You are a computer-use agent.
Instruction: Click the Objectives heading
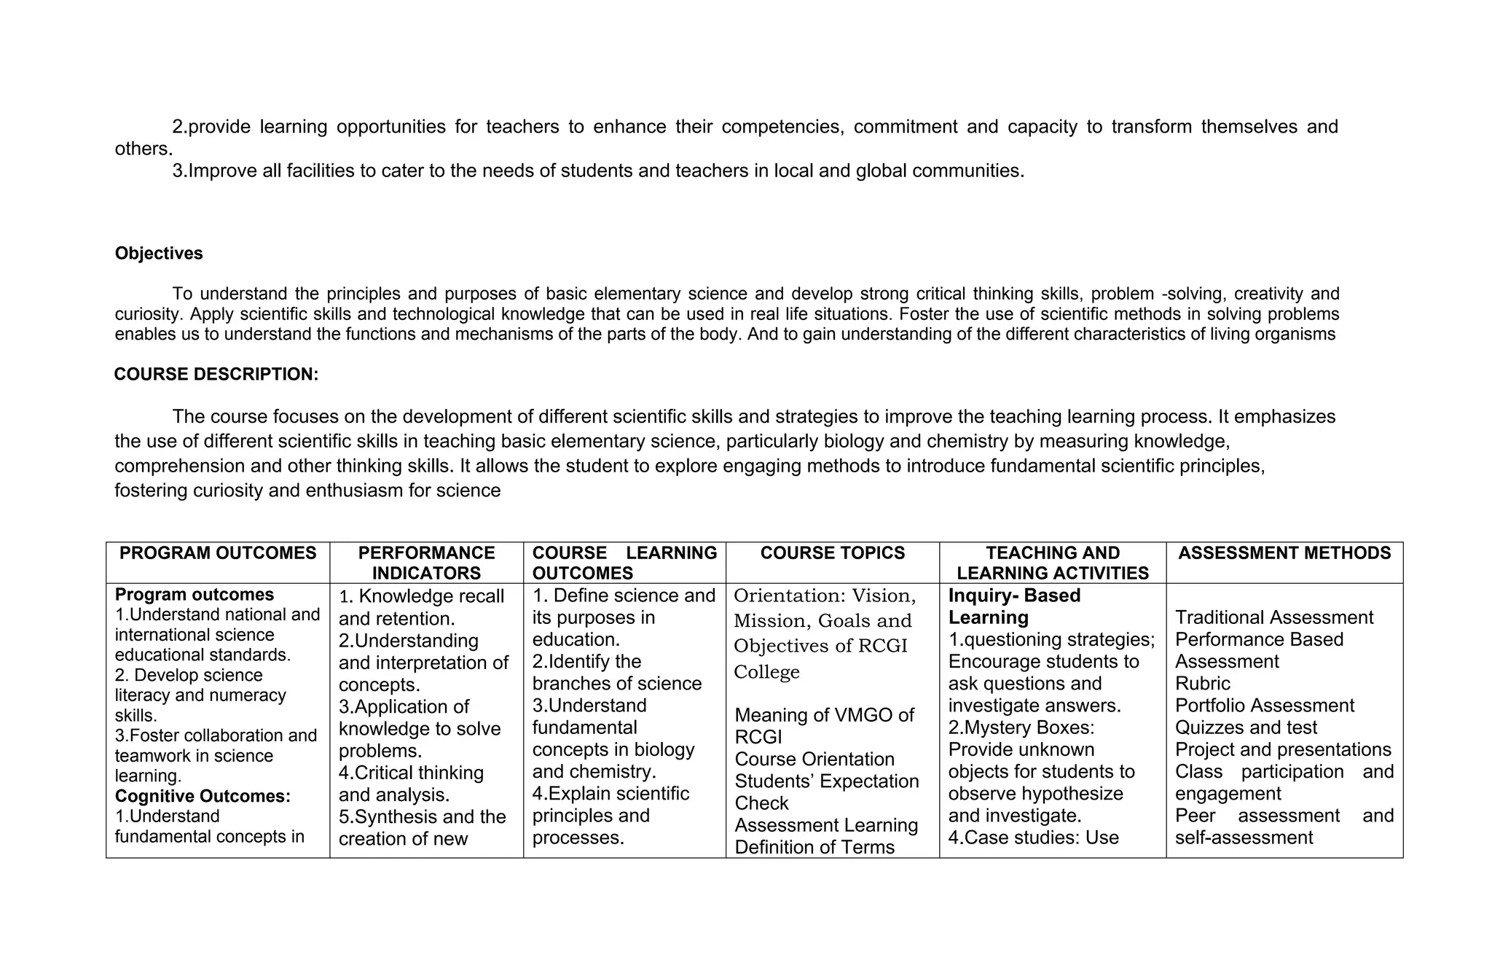click(x=159, y=254)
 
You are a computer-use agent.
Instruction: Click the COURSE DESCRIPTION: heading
click(x=216, y=375)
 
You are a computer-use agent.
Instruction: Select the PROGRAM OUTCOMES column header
click(x=218, y=553)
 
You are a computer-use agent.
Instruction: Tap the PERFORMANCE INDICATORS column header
click(x=426, y=563)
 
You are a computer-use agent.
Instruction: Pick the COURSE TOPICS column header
click(x=832, y=553)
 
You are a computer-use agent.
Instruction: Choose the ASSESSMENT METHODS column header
click(x=1284, y=553)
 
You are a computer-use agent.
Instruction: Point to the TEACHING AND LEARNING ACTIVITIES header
click(x=1052, y=563)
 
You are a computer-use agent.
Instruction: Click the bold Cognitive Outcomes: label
click(x=203, y=796)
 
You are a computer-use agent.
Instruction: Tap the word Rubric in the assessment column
click(x=1202, y=684)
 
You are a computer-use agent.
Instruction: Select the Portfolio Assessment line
click(x=1264, y=706)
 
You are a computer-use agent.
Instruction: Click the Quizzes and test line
click(x=1246, y=727)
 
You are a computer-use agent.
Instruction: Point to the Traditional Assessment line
click(x=1273, y=617)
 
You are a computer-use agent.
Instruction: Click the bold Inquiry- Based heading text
click(x=1014, y=596)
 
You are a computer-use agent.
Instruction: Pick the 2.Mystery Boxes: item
click(x=1021, y=727)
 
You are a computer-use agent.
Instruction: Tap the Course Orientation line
click(x=814, y=760)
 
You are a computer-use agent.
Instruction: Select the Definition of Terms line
click(x=814, y=847)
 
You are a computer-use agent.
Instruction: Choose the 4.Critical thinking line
click(x=411, y=773)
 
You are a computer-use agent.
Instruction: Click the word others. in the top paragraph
click(x=144, y=149)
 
